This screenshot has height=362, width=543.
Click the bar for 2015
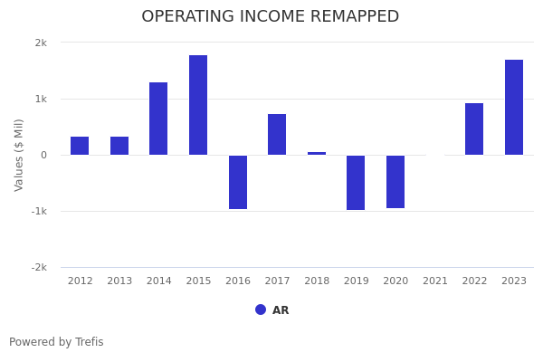198,105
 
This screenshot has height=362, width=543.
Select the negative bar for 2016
238,182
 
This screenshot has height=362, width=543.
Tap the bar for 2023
514,107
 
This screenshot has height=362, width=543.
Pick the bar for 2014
158,119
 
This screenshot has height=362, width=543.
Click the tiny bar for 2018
317,153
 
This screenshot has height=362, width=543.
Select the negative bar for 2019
356,183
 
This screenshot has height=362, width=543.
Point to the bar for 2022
474,129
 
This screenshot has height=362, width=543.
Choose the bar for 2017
277,134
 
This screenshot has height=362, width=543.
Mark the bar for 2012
80,146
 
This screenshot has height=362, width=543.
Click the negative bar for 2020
395,182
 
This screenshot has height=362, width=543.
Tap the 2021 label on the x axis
435,281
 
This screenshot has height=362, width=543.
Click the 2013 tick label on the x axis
119,281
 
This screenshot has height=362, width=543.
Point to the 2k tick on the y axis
41,43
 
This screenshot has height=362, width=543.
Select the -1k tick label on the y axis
39,211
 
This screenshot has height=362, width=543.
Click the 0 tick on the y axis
43,155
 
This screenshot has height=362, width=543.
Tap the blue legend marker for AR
261,310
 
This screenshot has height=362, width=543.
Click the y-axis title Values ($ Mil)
19,155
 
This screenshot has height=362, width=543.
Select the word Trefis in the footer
89,342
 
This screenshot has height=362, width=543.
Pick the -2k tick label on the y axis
39,267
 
